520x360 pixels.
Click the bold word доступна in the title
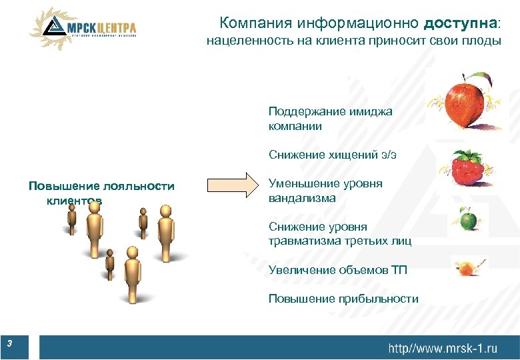coord(459,23)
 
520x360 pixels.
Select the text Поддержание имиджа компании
coord(330,119)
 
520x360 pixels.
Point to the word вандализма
coord(302,198)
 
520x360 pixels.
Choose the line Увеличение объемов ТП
coord(337,270)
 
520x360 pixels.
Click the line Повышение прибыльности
coord(343,299)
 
